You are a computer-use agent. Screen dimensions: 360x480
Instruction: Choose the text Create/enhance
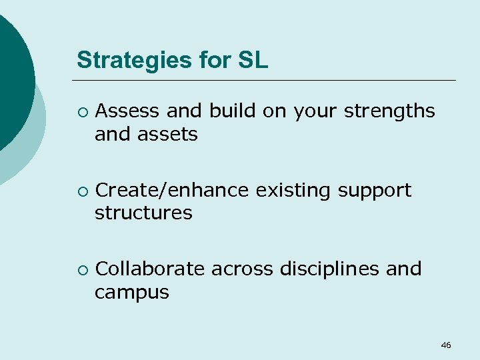tap(173, 191)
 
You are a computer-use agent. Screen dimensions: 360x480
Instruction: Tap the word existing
tap(294, 191)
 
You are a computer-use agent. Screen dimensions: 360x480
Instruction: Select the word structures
tap(143, 213)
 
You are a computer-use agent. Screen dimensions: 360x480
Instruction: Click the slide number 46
tap(446, 345)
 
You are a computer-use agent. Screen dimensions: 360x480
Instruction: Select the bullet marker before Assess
tap(81, 112)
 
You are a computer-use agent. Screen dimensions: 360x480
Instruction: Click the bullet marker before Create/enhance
tap(81, 191)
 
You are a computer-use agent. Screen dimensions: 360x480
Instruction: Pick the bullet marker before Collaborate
tap(81, 270)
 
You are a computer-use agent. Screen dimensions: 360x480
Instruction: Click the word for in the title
tap(213, 60)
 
